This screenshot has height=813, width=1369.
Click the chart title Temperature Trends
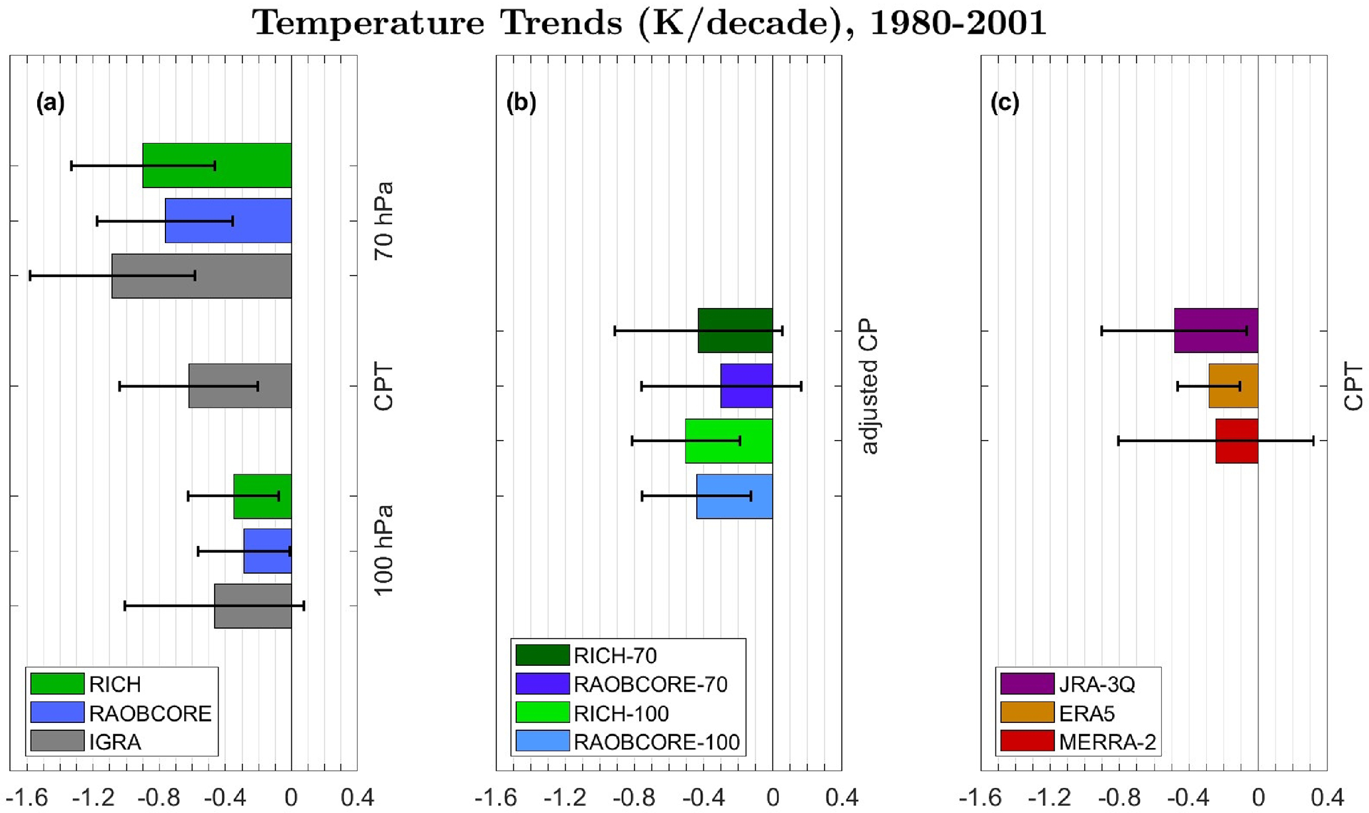pyautogui.click(x=649, y=24)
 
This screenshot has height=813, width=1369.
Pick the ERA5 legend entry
pyautogui.click(x=1087, y=713)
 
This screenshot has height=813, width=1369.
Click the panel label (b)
pyautogui.click(x=521, y=103)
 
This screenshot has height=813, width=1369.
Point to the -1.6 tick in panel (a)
pyautogui.click(x=26, y=797)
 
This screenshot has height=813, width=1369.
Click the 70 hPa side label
pyautogui.click(x=383, y=220)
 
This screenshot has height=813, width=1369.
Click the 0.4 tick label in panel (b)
pyautogui.click(x=841, y=797)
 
